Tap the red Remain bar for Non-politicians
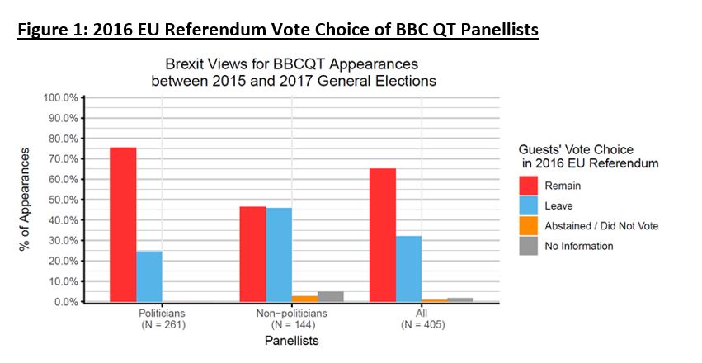253,254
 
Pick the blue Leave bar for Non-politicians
279,255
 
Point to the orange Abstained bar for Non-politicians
304,299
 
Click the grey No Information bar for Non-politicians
330,296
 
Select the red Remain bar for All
383,235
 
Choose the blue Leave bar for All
408,269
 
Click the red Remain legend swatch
529,186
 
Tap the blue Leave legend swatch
529,206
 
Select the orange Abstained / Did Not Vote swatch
529,226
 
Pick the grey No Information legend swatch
529,246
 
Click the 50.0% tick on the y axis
61,200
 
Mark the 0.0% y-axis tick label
64,302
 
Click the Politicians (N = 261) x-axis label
163,319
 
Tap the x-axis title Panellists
291,340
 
